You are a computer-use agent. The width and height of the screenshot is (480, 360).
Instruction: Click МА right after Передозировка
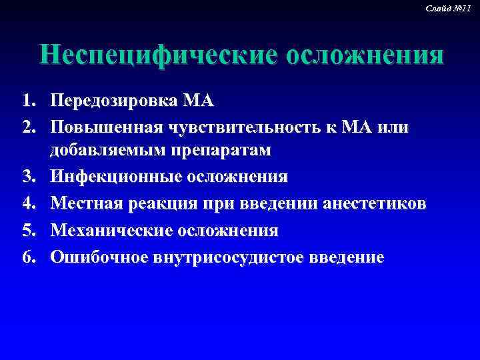point(198,101)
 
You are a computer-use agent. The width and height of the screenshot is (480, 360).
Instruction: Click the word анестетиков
point(374,203)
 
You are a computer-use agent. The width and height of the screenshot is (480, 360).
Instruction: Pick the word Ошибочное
point(100,257)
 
